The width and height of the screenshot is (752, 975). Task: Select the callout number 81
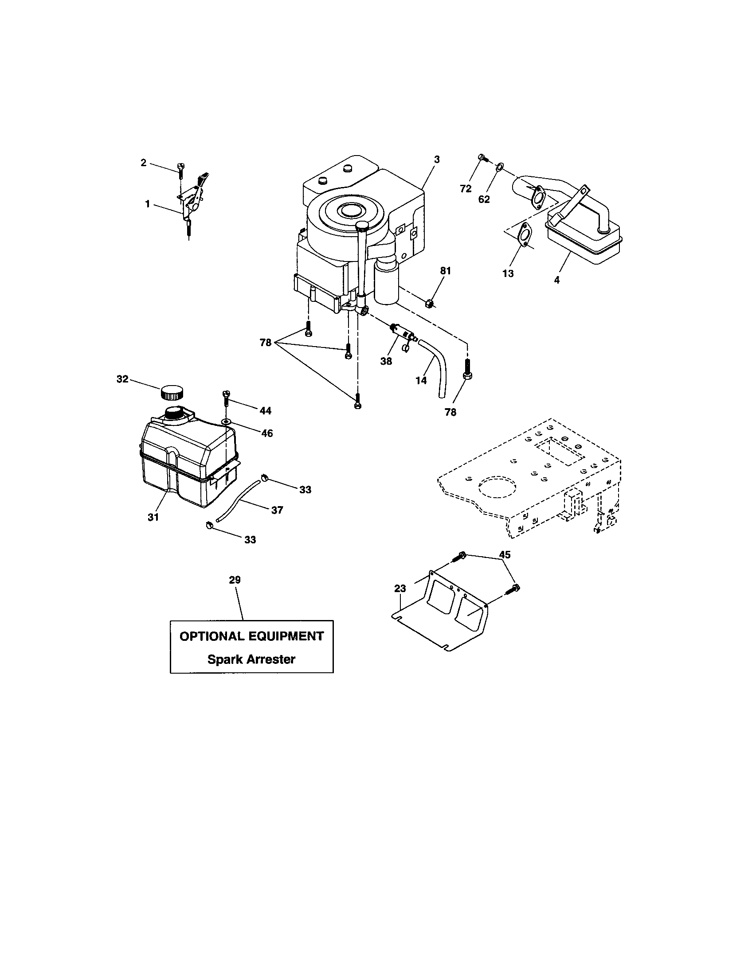click(x=445, y=270)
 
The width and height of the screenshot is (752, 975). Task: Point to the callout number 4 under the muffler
click(x=556, y=281)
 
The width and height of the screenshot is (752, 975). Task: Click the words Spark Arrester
click(x=251, y=659)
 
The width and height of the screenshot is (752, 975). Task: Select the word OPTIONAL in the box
click(x=211, y=636)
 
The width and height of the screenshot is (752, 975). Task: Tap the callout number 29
click(x=235, y=580)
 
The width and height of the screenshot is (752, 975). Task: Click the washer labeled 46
click(x=227, y=421)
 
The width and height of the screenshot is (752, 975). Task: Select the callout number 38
click(x=386, y=361)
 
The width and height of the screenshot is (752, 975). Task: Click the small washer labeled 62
click(x=499, y=168)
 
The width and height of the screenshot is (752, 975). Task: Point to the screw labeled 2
click(x=180, y=170)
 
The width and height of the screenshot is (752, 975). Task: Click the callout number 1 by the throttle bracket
click(x=147, y=204)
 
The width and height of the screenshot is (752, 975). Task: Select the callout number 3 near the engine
click(x=437, y=160)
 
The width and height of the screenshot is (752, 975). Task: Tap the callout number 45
click(x=505, y=554)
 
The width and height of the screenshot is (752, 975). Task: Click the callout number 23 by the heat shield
click(x=399, y=589)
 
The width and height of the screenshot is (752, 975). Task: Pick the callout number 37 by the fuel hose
click(x=277, y=510)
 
